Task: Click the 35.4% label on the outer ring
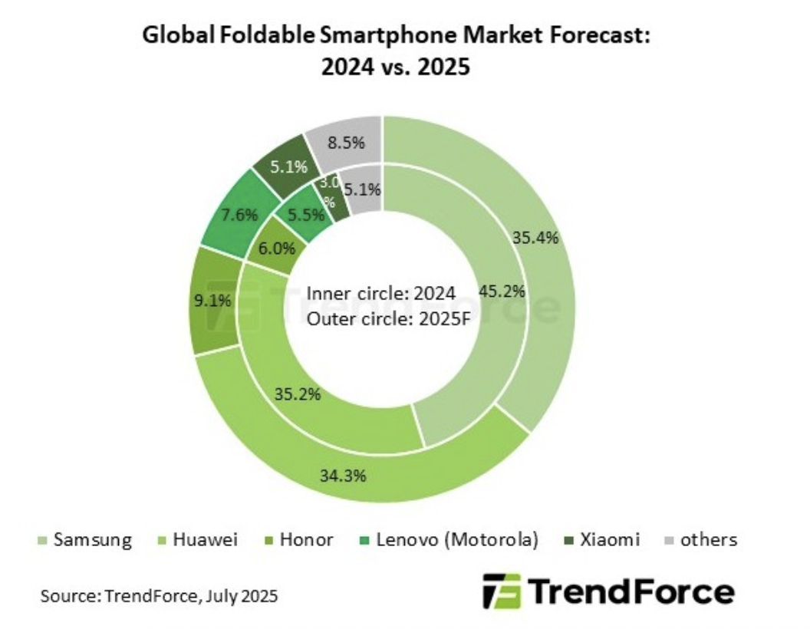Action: pyautogui.click(x=535, y=237)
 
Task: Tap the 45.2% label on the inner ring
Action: pyautogui.click(x=501, y=291)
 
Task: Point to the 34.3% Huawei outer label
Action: pyautogui.click(x=343, y=475)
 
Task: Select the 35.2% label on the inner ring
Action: pyautogui.click(x=297, y=395)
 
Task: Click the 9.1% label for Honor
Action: pyautogui.click(x=212, y=301)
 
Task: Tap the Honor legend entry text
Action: pyautogui.click(x=307, y=540)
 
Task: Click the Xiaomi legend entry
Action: pyautogui.click(x=611, y=540)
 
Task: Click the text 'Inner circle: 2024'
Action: pyautogui.click(x=381, y=294)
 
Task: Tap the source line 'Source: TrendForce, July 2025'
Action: pyautogui.click(x=160, y=595)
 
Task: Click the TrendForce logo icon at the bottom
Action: pyautogui.click(x=502, y=591)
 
